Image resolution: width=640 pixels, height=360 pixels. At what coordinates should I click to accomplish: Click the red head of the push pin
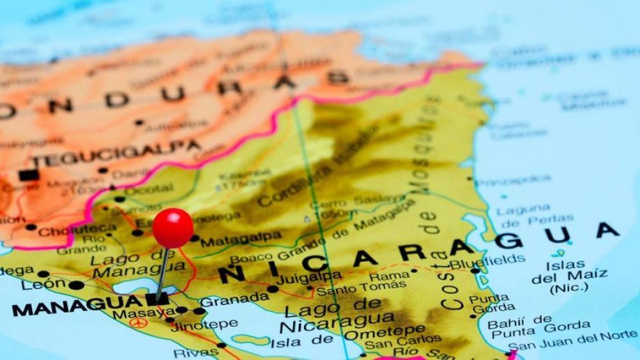coord(173,228)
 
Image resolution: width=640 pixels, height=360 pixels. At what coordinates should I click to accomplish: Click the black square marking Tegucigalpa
coord(26,175)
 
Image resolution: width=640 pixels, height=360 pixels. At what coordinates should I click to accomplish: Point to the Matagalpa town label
coord(241,240)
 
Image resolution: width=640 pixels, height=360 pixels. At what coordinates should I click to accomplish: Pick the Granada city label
coord(234,299)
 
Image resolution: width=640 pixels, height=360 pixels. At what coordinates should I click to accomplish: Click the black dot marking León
coord(76,285)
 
